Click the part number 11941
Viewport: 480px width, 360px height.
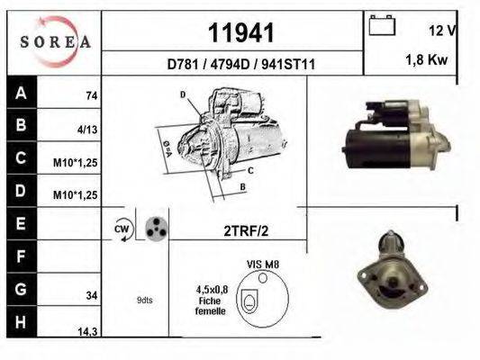pos(240,33)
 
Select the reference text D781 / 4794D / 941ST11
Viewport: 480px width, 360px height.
pos(240,65)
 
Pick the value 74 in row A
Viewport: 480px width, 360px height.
pos(91,95)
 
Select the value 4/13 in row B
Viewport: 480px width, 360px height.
pos(88,129)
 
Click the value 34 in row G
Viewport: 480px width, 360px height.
pos(91,293)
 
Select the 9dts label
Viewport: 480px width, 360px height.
pos(145,300)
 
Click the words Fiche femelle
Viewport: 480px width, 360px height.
pos(211,306)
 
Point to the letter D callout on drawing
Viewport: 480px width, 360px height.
pos(183,94)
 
